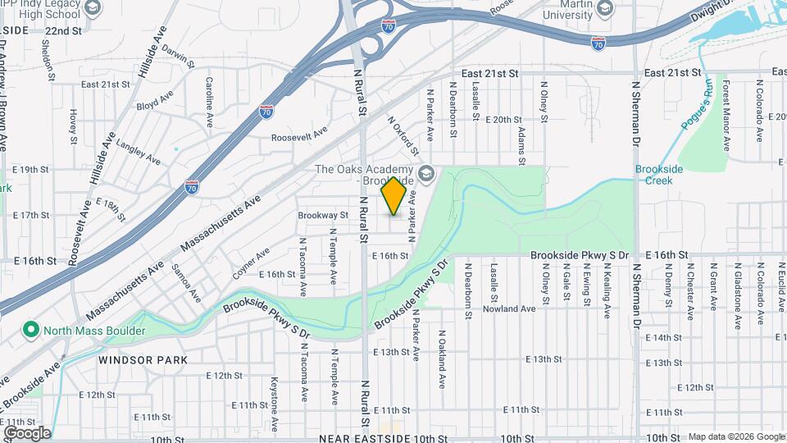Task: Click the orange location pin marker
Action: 393,195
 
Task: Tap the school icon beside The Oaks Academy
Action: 425,174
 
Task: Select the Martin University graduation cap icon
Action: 605,8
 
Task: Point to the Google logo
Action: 27,433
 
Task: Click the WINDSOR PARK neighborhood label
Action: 143,359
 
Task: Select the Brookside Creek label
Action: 659,175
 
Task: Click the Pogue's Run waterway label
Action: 696,103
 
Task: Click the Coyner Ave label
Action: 250,263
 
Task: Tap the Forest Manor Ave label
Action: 726,116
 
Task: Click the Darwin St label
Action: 177,58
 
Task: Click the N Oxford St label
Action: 403,135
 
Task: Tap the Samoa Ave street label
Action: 186,282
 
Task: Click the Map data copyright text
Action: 735,436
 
